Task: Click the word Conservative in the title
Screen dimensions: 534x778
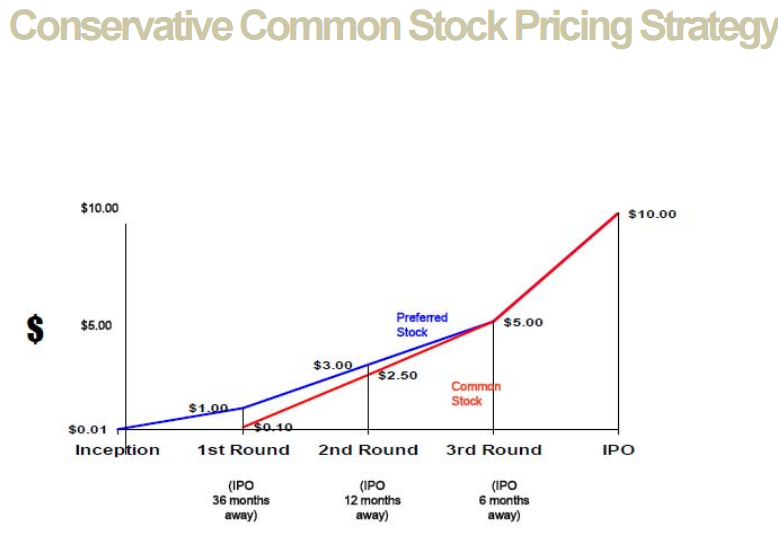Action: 122,27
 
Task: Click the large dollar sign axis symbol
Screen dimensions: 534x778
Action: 35,328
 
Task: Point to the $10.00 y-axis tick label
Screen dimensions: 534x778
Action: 99,208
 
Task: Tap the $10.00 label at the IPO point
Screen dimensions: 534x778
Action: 652,214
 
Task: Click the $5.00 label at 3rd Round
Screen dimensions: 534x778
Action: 523,323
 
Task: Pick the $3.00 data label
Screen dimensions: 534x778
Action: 332,365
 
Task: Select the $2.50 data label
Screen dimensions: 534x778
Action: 397,376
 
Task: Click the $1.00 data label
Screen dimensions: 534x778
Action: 208,407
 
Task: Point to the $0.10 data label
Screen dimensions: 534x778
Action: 271,427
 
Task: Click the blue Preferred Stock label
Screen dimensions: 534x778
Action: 421,325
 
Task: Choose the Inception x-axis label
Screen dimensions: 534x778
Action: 117,450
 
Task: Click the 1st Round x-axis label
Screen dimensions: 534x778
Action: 243,450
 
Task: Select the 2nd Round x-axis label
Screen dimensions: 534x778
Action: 368,450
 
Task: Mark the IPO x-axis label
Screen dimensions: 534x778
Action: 618,450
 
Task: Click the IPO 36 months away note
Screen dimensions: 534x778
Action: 240,500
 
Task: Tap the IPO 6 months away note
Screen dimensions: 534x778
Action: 504,500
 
